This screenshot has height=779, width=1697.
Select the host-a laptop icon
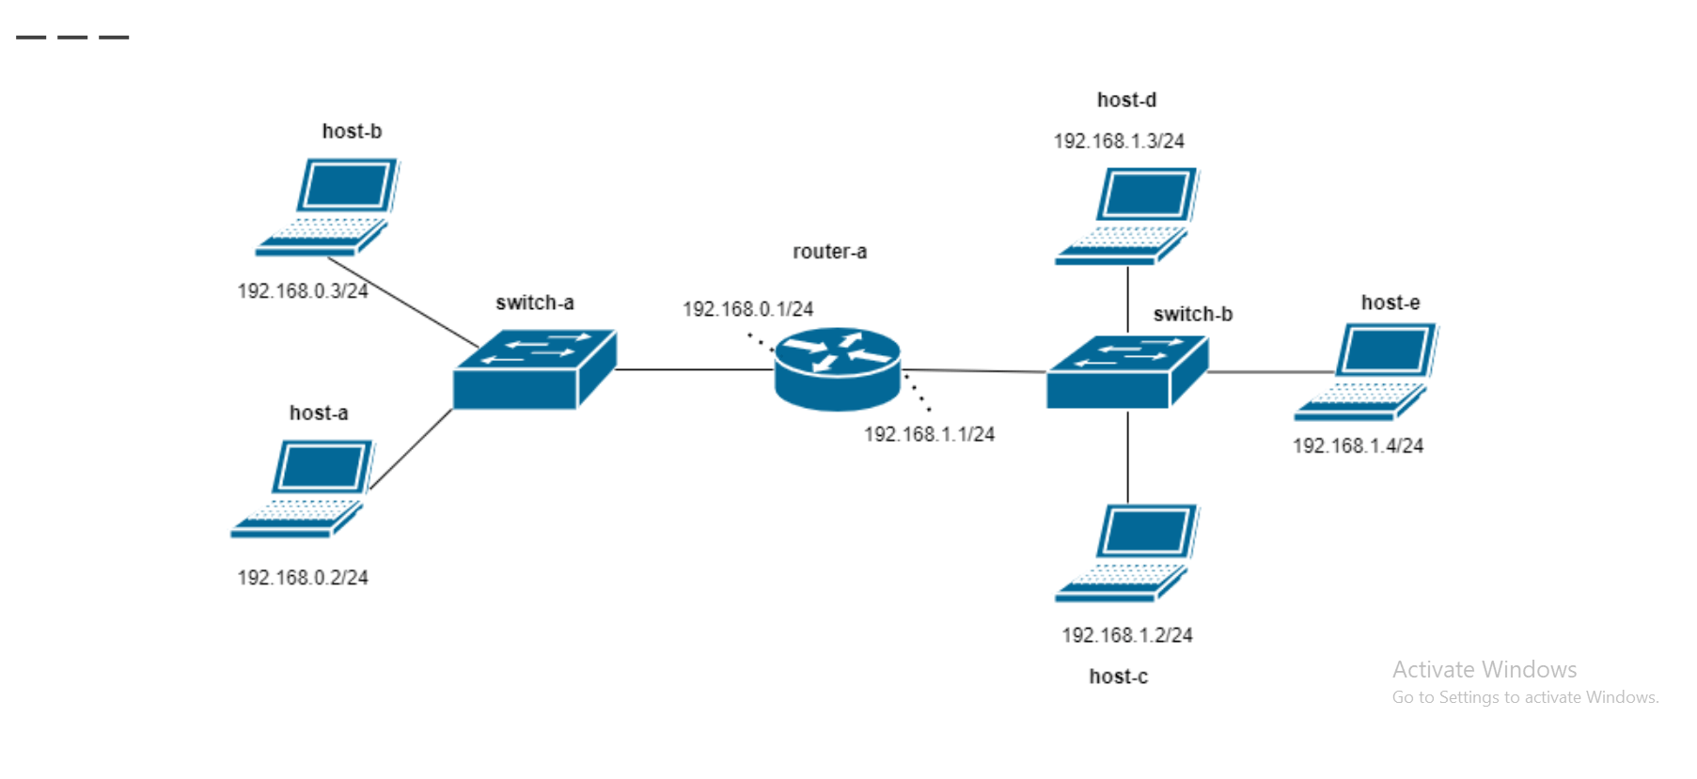click(x=302, y=489)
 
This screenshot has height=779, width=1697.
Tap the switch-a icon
click(x=533, y=369)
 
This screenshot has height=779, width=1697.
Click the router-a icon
click(x=837, y=369)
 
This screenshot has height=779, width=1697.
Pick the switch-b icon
click(x=1126, y=372)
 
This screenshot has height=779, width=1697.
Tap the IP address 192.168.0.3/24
click(x=303, y=291)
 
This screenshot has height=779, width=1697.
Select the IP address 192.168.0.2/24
click(x=303, y=578)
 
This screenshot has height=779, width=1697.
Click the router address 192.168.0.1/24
click(x=747, y=309)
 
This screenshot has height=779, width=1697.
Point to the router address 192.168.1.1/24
click(x=929, y=434)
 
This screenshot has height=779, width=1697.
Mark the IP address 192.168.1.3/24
click(x=1119, y=141)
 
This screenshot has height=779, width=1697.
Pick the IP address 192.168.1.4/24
click(x=1358, y=445)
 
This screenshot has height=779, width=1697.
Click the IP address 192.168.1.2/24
click(x=1127, y=635)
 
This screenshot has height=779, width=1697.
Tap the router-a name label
click(x=829, y=252)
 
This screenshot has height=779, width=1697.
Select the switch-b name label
click(x=1192, y=314)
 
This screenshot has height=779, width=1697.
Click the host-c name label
click(x=1118, y=677)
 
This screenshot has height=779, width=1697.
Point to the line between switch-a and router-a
click(x=694, y=369)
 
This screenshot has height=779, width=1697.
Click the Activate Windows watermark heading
click(x=1484, y=669)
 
